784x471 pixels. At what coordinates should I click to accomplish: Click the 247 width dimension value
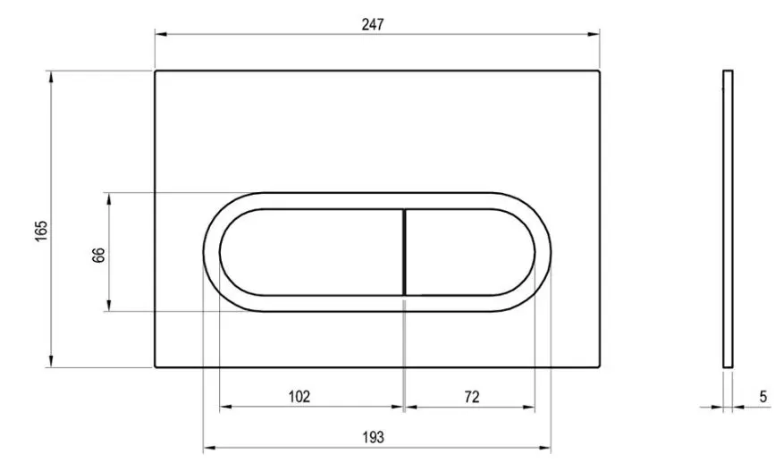click(373, 24)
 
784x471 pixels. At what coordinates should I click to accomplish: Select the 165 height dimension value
click(41, 231)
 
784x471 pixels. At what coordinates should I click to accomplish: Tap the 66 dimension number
click(99, 255)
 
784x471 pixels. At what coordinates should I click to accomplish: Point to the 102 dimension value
click(299, 397)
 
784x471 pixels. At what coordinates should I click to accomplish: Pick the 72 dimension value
click(471, 397)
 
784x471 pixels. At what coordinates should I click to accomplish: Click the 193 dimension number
click(373, 438)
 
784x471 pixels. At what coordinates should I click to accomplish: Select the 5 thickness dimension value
click(763, 397)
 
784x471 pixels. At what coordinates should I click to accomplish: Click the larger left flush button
click(311, 253)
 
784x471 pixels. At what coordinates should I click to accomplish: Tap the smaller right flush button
click(470, 253)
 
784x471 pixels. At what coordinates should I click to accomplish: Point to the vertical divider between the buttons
click(404, 253)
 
